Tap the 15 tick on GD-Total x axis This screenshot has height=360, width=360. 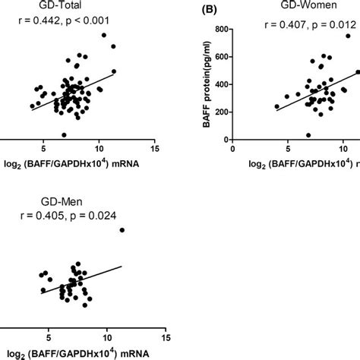coord(155,150)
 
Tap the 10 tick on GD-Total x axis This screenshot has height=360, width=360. coord(99,150)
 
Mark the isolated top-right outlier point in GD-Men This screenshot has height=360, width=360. coord(122,230)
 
